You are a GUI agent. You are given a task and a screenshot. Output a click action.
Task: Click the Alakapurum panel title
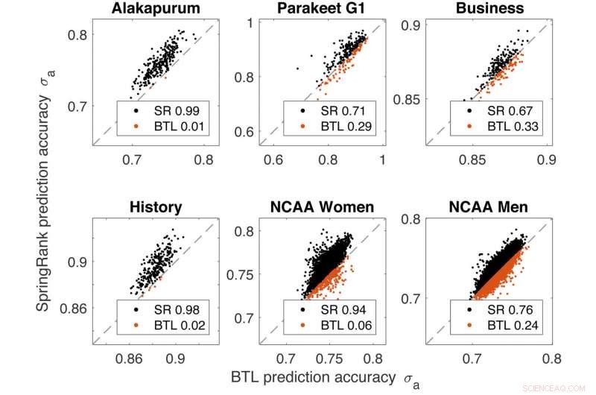pos(157,9)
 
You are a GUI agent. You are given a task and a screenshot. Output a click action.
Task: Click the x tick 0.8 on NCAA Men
pos(551,358)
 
